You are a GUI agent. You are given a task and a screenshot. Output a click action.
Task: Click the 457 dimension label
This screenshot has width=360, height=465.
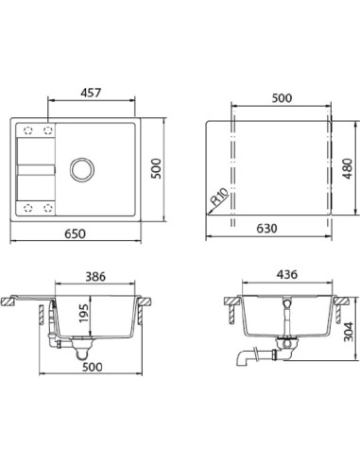(x=91, y=93)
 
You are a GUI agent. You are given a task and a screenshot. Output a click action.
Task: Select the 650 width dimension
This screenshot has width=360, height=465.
(x=75, y=233)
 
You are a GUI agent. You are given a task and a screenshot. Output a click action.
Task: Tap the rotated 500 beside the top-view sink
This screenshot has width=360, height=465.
(x=156, y=168)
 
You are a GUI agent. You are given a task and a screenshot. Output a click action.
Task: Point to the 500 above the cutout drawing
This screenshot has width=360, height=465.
(x=282, y=98)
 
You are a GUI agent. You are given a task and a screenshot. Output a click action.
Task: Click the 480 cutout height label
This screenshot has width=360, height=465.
(x=348, y=168)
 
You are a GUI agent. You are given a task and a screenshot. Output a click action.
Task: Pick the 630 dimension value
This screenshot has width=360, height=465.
(x=266, y=229)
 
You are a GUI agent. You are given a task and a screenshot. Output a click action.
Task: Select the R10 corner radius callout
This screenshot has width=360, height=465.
(x=219, y=197)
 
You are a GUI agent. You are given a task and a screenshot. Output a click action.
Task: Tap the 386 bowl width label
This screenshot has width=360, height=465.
(x=95, y=277)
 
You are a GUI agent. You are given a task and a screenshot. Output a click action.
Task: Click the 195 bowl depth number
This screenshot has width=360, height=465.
(x=84, y=314)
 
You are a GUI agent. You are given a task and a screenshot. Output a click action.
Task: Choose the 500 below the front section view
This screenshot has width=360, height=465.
(x=92, y=367)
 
